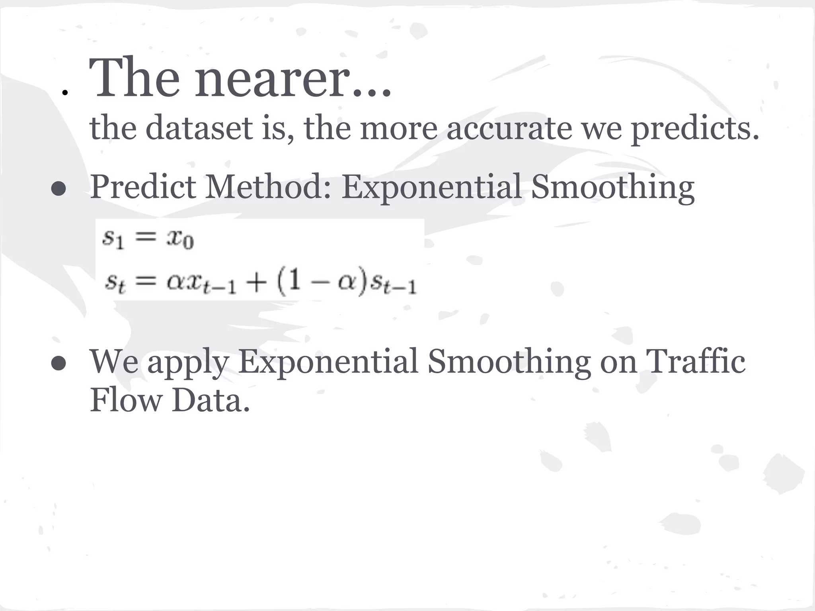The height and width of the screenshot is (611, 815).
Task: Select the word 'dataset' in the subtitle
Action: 199,128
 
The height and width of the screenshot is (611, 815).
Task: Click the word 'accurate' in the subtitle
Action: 509,128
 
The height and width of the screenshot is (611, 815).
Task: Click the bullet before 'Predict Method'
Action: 58,189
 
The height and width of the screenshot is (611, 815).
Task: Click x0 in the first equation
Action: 180,239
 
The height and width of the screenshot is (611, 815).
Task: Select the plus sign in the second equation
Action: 255,283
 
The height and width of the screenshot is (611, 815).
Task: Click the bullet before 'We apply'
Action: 58,364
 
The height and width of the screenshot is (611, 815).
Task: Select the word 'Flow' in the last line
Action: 126,400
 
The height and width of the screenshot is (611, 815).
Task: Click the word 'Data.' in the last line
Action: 211,400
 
